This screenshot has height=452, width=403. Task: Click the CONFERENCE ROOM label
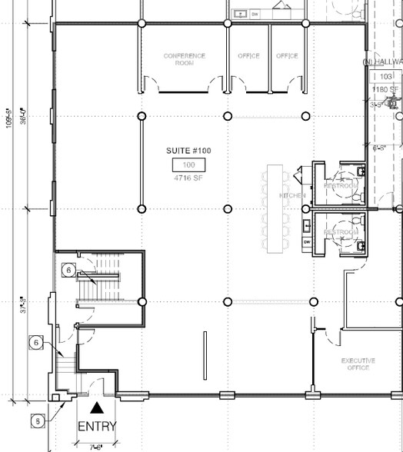184,59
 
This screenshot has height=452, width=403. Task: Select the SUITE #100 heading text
188,151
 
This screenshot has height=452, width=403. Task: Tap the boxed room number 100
188,165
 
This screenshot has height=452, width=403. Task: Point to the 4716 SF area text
188,179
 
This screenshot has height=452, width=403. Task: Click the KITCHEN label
291,196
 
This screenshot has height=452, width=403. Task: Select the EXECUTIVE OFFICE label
358,364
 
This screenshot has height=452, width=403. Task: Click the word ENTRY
97,427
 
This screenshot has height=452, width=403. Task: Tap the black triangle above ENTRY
97,409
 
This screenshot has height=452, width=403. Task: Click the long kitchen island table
274,208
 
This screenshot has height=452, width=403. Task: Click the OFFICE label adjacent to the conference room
248,56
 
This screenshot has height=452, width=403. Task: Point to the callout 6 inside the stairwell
68,271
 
